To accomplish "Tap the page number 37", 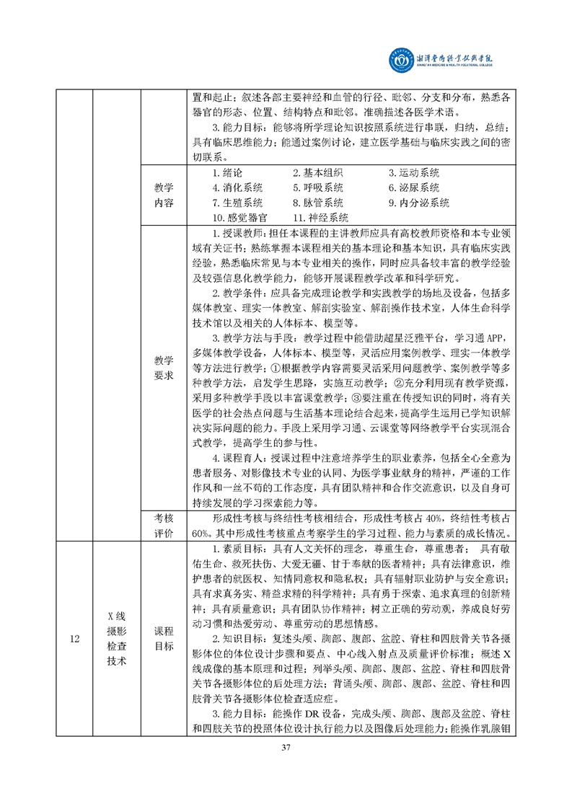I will (286, 766).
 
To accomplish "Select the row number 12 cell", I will (75, 637).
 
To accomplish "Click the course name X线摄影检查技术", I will (116, 637).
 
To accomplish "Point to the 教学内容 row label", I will (164, 195).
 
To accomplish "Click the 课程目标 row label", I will (164, 637).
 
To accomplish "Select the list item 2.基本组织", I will (317, 173).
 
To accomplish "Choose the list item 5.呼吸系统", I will (317, 187).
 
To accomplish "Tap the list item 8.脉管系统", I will (317, 203).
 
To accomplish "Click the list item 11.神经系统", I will (320, 217).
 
